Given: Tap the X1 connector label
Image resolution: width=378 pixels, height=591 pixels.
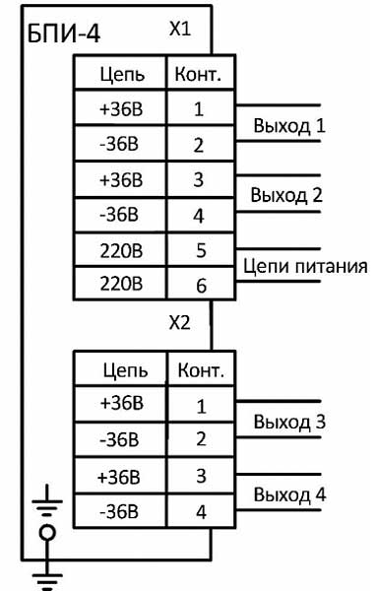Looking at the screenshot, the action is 179,31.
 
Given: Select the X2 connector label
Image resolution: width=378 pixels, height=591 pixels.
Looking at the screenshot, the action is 179,323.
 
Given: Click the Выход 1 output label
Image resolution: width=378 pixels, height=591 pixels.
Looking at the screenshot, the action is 288,126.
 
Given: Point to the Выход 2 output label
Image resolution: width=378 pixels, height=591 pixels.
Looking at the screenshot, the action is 287,194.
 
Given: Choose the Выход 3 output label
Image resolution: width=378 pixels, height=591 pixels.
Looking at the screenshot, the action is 289,423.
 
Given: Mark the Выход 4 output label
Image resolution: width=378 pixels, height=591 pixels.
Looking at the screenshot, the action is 289,493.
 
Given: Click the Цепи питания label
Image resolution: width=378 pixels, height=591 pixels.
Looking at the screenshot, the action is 305,266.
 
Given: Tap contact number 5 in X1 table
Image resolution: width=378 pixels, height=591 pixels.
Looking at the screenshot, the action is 200,250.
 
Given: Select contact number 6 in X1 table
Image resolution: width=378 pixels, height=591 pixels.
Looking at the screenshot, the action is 200,286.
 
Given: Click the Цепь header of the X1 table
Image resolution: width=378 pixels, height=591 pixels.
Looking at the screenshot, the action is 122,74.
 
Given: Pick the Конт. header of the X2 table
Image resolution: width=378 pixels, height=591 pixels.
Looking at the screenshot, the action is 200,370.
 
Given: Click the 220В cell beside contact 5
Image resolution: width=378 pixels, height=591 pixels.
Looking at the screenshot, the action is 122,250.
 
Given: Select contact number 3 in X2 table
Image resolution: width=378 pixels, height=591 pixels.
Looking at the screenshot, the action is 200,476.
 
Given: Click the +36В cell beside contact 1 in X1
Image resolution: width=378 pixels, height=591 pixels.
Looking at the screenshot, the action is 122,109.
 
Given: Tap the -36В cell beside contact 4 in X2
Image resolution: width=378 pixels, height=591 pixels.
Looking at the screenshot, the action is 122,512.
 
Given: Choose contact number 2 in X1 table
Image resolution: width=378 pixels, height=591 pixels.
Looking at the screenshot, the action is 200,146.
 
